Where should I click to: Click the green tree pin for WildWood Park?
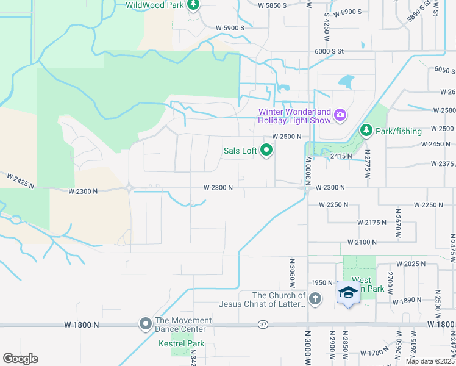193,5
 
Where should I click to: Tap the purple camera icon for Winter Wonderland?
340,114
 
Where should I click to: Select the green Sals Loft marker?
266,149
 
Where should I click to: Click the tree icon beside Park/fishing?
366,130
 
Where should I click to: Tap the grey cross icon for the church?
315,298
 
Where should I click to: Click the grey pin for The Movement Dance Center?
145,324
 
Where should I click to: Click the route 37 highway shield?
262,324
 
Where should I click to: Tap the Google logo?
20,358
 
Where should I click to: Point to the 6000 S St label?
330,52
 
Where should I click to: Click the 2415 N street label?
341,156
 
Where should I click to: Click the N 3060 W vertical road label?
291,270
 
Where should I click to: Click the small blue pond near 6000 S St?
345,81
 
